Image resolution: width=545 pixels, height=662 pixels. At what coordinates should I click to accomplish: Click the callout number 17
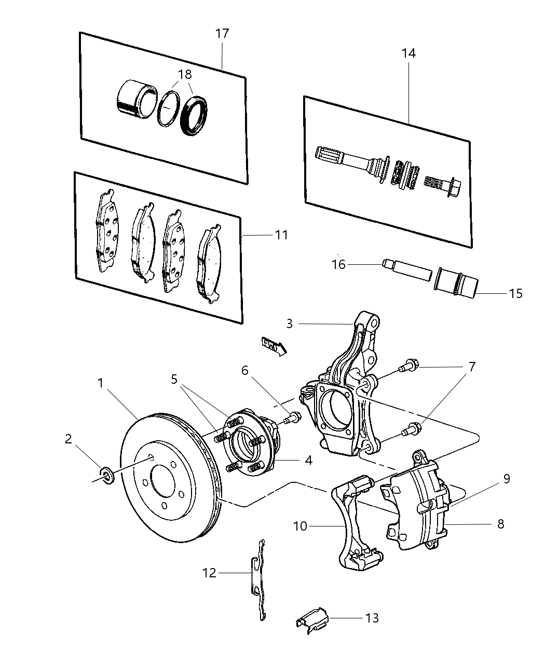(222, 34)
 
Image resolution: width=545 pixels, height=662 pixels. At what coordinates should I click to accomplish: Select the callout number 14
(408, 53)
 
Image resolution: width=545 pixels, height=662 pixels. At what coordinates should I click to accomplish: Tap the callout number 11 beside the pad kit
(281, 235)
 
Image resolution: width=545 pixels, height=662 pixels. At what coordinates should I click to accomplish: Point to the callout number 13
(372, 618)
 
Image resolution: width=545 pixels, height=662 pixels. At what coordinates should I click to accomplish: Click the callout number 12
(210, 573)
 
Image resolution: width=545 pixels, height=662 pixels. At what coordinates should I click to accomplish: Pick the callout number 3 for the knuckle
(290, 324)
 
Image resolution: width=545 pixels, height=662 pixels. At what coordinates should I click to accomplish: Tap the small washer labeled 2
(107, 474)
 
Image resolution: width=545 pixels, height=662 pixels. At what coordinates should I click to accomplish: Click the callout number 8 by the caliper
(500, 524)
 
